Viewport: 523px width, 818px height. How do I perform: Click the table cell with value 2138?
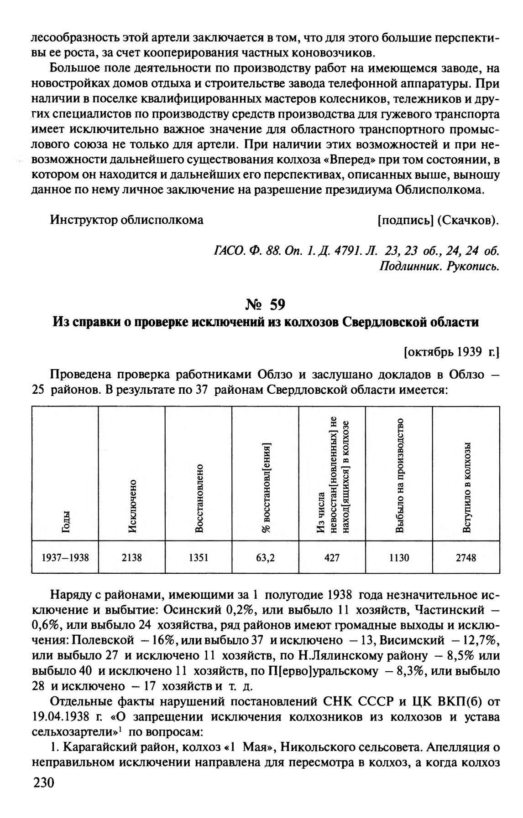coord(131,557)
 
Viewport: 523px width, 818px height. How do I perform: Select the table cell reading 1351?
coord(199,557)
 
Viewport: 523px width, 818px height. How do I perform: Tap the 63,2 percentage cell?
coord(265,557)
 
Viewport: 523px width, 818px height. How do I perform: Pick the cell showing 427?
coord(332,557)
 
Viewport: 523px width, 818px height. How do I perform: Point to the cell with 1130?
coord(399,557)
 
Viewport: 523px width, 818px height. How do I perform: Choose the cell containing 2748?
coord(466,557)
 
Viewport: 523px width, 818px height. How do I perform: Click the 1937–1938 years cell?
coord(65,557)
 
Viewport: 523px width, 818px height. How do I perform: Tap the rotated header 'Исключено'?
coord(132,506)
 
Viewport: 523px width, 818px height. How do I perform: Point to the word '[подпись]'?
coord(405,220)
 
